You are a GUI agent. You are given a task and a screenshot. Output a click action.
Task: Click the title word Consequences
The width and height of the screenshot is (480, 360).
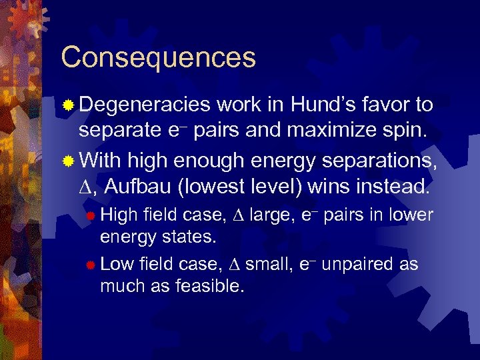tap(158, 57)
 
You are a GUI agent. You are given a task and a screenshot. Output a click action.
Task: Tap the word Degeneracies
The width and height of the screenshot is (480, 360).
tap(144, 105)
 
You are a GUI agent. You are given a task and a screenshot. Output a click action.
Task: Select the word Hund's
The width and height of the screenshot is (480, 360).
tap(315, 105)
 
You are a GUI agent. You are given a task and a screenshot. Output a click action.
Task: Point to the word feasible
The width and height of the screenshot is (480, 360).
tap(209, 287)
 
